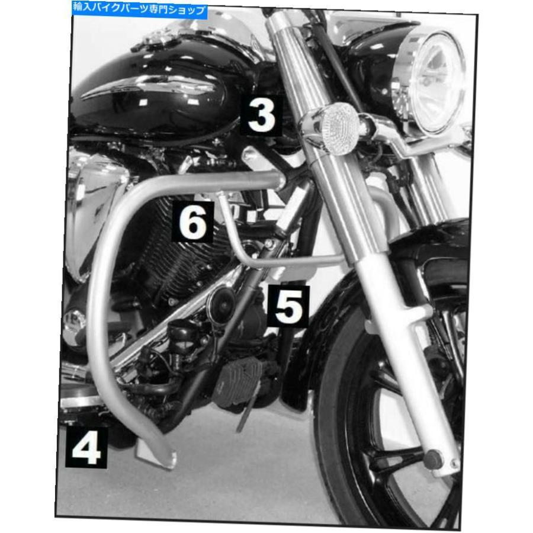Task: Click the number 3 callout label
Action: [261, 115]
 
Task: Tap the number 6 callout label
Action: [192, 222]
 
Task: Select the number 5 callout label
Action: [288, 306]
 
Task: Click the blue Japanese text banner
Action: [139, 9]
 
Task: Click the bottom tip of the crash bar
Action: [166, 465]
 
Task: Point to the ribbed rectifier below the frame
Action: [238, 381]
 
